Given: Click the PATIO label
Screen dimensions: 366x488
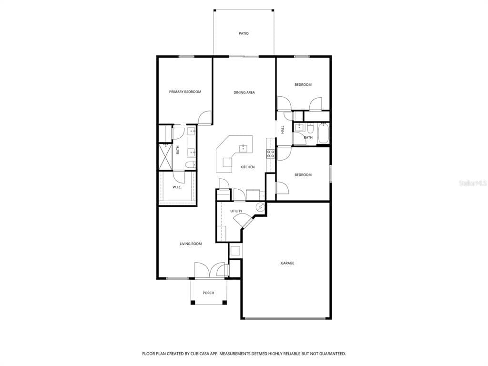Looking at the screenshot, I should pyautogui.click(x=244, y=33).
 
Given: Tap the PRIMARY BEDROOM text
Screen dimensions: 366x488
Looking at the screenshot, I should pyautogui.click(x=185, y=91).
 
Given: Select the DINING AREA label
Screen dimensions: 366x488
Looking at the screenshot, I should pyautogui.click(x=244, y=92).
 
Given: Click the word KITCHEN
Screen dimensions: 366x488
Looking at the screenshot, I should pyautogui.click(x=247, y=167).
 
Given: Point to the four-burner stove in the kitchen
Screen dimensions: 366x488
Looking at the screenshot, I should pyautogui.click(x=270, y=153).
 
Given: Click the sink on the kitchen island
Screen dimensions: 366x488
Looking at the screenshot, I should pyautogui.click(x=244, y=148).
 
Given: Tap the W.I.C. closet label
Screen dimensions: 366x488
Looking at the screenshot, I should pyautogui.click(x=177, y=187).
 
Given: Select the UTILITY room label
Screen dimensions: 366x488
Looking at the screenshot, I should pyautogui.click(x=236, y=211).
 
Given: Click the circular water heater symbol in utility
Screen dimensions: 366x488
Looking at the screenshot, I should pyautogui.click(x=260, y=207).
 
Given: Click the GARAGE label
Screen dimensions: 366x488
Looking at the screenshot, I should pyautogui.click(x=287, y=263).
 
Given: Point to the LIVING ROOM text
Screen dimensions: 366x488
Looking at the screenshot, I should pyautogui.click(x=191, y=244).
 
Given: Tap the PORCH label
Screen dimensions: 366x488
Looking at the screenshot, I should pyautogui.click(x=208, y=293).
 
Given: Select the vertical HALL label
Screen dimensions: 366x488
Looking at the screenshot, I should pyautogui.click(x=283, y=129).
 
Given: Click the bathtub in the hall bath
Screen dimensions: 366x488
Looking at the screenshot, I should pyautogui.click(x=324, y=133).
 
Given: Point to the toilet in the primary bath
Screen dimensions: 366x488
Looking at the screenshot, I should pyautogui.click(x=190, y=165).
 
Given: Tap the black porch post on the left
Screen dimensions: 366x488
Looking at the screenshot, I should pyautogui.click(x=193, y=302).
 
